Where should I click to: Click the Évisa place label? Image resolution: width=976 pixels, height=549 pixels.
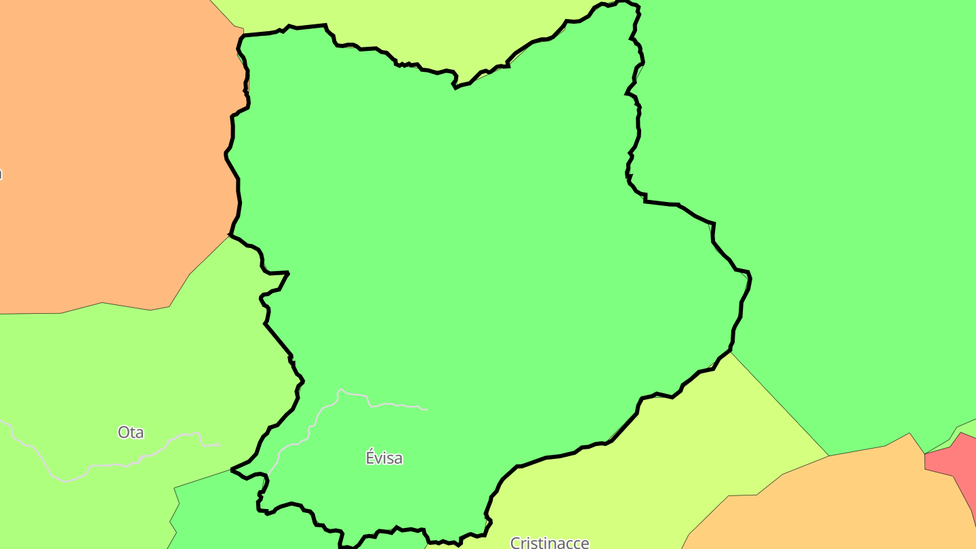[384, 458]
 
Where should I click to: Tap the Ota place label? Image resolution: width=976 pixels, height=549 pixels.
[131, 432]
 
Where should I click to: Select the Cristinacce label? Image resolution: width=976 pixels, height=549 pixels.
[549, 542]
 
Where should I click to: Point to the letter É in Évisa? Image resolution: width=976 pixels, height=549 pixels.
[371, 457]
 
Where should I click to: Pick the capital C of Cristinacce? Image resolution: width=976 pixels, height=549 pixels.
[515, 543]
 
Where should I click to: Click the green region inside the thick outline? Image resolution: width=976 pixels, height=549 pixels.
[474, 237]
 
